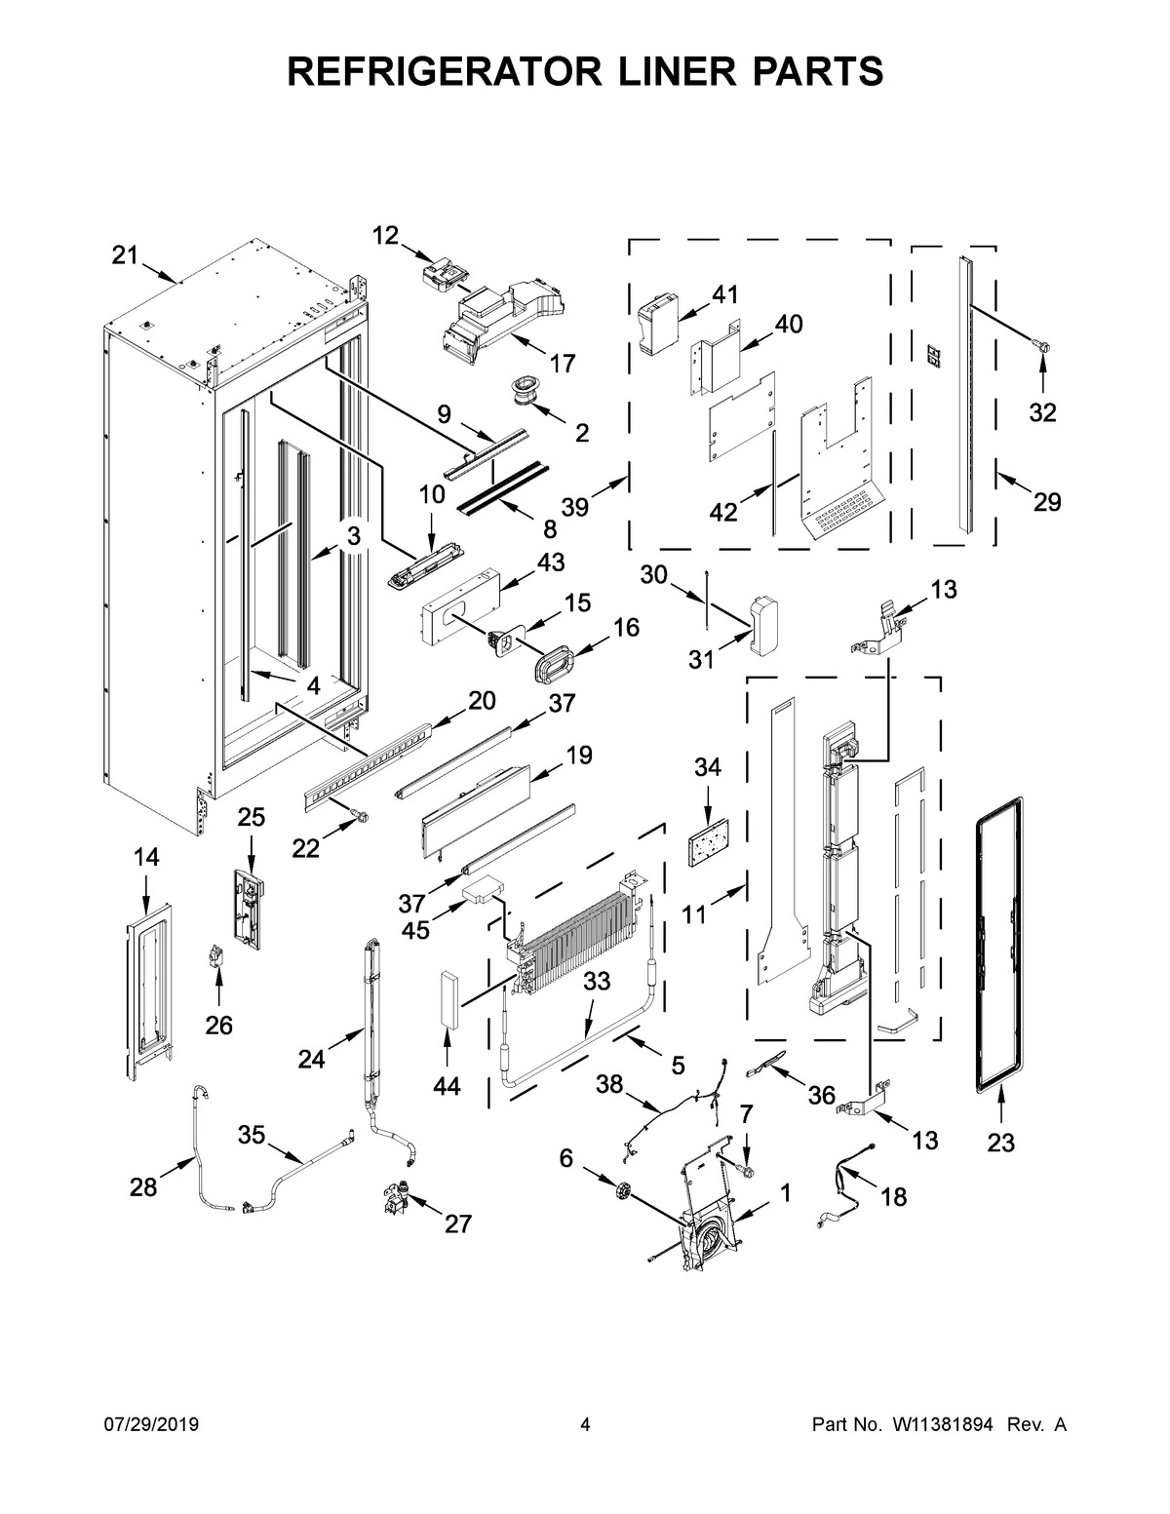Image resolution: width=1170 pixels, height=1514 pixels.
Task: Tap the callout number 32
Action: pos(1042,412)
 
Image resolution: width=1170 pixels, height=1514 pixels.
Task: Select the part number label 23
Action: pos(1000,1143)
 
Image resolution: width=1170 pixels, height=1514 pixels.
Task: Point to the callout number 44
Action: pos(447,1086)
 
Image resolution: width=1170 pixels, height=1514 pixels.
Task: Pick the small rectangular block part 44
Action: pos(448,997)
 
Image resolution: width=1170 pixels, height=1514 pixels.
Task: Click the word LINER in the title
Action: pos(585,71)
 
